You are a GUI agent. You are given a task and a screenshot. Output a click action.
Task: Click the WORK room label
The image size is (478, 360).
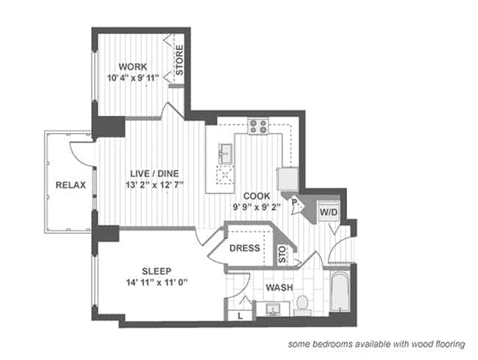[x=132, y=66]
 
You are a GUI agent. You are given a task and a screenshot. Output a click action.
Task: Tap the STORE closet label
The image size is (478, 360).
[x=179, y=60]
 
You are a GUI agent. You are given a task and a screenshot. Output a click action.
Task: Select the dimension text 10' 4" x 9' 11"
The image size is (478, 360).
[x=133, y=78]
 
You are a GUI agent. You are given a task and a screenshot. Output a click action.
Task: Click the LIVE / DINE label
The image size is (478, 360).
[x=154, y=173]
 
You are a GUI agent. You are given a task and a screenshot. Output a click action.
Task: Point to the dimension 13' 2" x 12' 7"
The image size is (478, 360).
[x=154, y=185]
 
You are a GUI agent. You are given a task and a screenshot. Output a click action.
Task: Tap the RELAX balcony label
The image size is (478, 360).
[x=71, y=185]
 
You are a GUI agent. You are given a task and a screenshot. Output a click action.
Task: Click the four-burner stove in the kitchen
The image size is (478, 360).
[x=258, y=126]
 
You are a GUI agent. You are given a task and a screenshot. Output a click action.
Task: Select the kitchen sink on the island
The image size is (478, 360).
[x=226, y=154]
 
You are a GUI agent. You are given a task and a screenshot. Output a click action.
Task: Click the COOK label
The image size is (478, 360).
[x=257, y=196]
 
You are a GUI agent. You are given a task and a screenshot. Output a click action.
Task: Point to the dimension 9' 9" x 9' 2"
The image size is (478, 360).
[x=257, y=207]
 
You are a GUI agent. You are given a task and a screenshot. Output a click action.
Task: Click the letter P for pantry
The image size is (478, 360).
[x=294, y=202]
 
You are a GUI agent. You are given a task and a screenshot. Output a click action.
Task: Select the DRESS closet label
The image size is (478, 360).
[x=245, y=248]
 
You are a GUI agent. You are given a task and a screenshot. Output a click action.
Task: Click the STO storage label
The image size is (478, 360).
[x=283, y=255]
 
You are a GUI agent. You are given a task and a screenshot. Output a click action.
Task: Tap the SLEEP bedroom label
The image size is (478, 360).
[x=157, y=271]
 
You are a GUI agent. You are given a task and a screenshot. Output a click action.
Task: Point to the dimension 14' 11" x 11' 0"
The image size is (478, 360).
[x=157, y=283]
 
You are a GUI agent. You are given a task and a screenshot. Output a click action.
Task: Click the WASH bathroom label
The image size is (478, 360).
[x=279, y=287]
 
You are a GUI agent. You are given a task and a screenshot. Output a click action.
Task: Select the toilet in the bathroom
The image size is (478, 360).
[x=302, y=305]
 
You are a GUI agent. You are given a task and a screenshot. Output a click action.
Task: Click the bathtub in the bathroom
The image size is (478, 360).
[x=340, y=292]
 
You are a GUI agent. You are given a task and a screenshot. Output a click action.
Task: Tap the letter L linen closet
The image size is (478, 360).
[x=240, y=316]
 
